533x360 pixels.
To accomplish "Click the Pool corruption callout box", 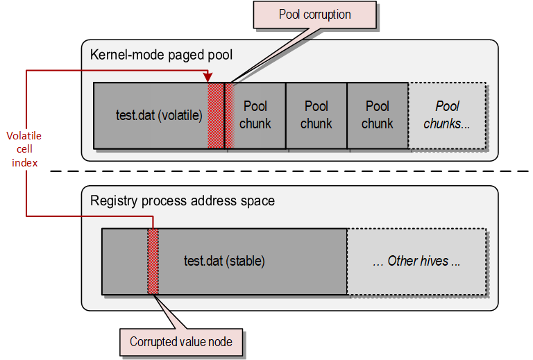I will tap(314, 15).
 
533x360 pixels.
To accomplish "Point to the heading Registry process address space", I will tap(183, 201).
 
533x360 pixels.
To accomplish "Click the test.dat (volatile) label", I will tap(159, 115).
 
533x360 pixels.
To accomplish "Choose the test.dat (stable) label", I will tap(224, 262).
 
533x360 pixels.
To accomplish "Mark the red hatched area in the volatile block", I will tap(217, 115).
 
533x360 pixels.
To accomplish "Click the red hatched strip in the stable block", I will tap(153, 261).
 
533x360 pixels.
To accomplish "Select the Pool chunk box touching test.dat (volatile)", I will tap(255, 115).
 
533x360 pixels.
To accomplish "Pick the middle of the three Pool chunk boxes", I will tap(316, 115).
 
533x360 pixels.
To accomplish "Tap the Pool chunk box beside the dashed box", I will tap(378, 115).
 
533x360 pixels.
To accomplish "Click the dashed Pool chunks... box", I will tap(447, 115).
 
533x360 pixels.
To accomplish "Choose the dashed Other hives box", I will tap(416, 262).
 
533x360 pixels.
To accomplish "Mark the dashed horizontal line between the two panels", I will tap(291, 171).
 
